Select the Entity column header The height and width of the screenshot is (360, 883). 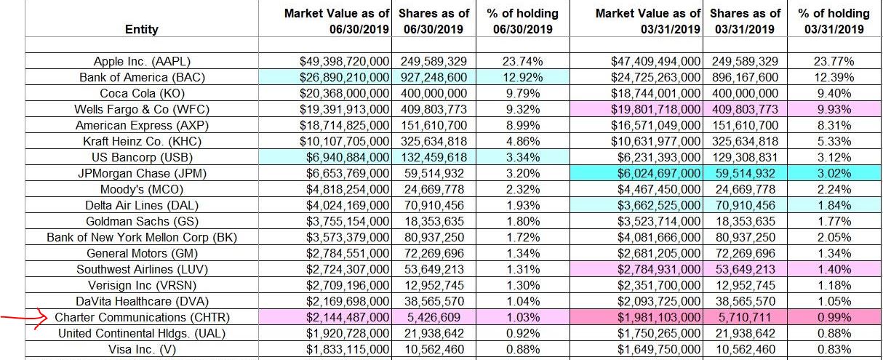[142, 29]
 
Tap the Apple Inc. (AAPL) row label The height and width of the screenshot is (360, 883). [142, 61]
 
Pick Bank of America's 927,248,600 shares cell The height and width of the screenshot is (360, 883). [433, 77]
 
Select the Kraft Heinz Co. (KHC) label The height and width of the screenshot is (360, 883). [142, 141]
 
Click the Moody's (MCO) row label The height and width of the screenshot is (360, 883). [142, 189]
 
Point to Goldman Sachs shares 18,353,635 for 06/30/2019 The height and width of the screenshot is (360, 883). [433, 221]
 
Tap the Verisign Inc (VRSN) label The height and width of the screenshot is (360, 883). [142, 285]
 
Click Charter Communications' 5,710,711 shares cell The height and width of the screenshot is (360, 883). [744, 317]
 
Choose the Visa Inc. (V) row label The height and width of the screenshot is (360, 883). [142, 349]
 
